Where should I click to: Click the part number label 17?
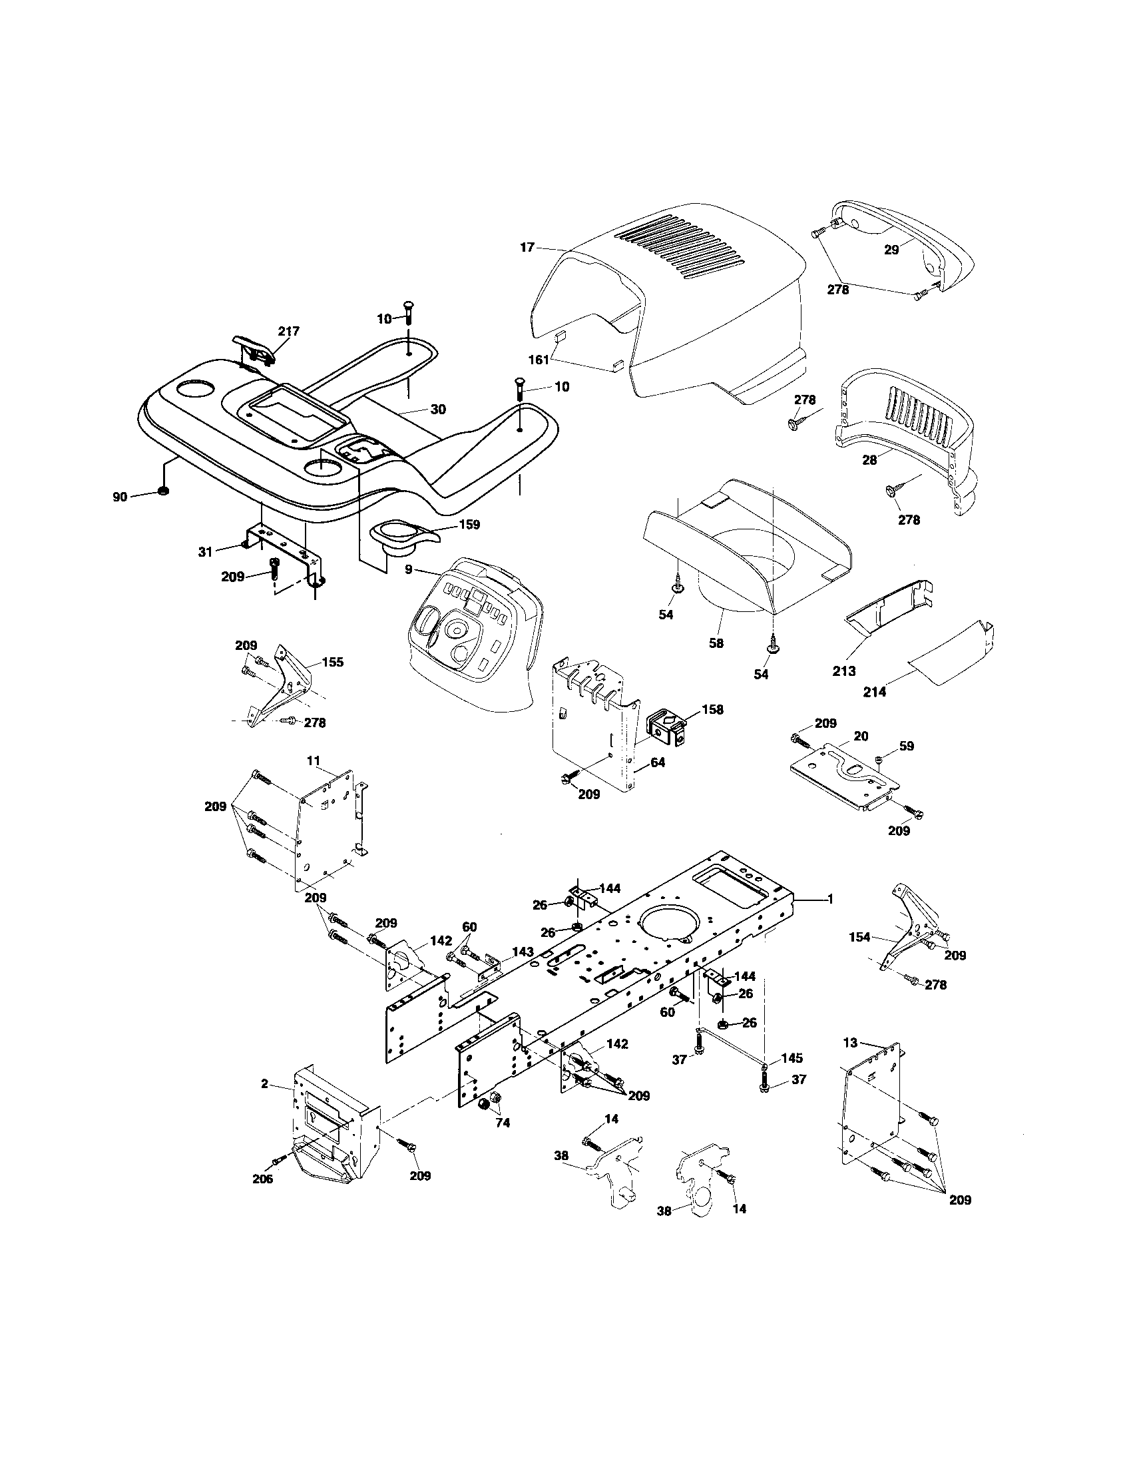[x=527, y=248]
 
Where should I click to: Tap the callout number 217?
[x=289, y=331]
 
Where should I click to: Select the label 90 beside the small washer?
[x=120, y=497]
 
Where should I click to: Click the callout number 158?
[x=713, y=709]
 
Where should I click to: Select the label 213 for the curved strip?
[x=844, y=670]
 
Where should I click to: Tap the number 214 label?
[x=875, y=692]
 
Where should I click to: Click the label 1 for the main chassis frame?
[x=830, y=900]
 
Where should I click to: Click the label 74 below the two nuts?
[x=503, y=1124]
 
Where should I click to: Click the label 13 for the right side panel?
[x=850, y=1042]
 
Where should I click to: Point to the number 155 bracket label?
[x=333, y=662]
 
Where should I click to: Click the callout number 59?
[x=907, y=745]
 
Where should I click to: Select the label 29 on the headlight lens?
[x=891, y=250]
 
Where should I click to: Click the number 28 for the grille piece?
[x=869, y=460]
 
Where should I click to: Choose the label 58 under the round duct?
[x=716, y=643]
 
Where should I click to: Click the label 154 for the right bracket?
[x=859, y=937]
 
